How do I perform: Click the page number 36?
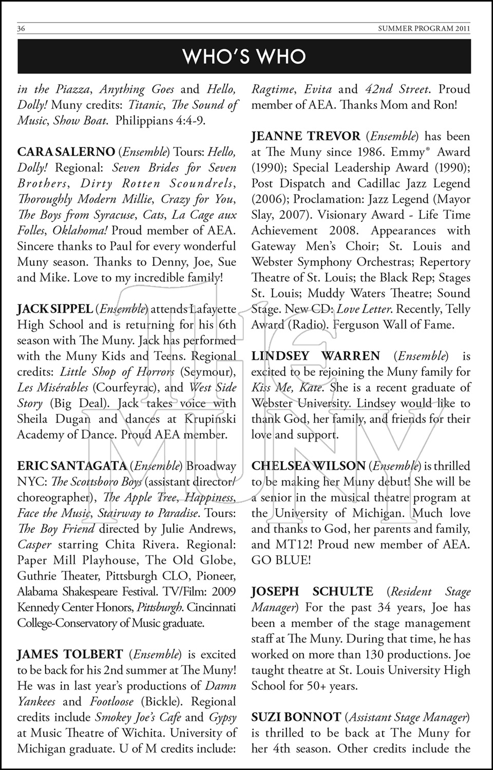click(21, 29)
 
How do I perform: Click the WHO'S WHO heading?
click(244, 56)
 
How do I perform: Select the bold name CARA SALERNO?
click(66, 152)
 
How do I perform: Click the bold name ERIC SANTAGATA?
click(72, 466)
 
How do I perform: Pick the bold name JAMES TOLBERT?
click(70, 654)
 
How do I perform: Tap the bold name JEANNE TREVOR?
click(306, 137)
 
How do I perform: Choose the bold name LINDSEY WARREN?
click(315, 356)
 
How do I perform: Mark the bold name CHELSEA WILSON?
click(308, 466)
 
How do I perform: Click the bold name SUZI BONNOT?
click(296, 717)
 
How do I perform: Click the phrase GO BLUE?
click(281, 560)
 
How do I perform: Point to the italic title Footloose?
click(111, 702)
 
